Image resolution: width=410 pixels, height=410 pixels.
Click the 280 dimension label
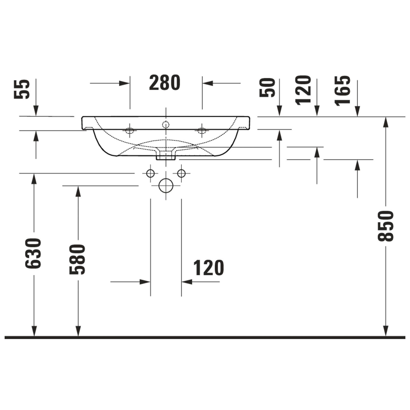[x=165, y=83]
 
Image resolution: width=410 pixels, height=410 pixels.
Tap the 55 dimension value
[x=22, y=89]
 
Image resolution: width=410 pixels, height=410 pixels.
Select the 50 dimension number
[x=267, y=88]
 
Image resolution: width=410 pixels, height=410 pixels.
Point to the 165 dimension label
[x=342, y=90]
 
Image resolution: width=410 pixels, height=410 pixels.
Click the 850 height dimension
[x=385, y=226]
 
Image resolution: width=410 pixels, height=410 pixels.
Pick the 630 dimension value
[x=33, y=253]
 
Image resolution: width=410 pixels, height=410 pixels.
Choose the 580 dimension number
[x=77, y=259]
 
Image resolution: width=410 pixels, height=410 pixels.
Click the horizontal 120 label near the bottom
[x=208, y=268]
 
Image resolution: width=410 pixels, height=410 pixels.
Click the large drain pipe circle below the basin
[x=166, y=186]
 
